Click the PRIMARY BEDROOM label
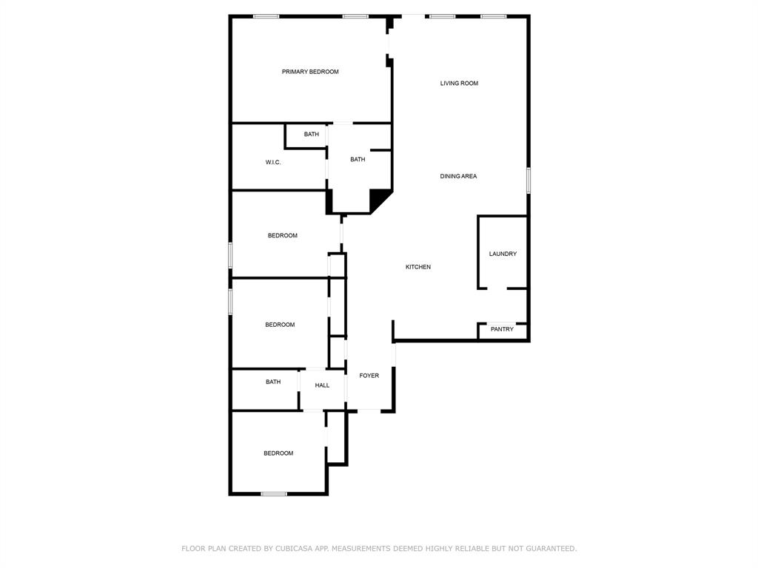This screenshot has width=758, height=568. click(310, 72)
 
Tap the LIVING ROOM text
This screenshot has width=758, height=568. click(459, 84)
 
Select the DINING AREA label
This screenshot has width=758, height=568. click(458, 176)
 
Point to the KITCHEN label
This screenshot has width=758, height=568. click(418, 267)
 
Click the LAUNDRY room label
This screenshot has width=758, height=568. click(503, 254)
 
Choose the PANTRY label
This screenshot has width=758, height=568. click(502, 329)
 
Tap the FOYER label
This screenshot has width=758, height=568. click(369, 376)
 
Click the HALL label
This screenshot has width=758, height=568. click(322, 385)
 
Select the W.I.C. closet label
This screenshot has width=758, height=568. click(272, 162)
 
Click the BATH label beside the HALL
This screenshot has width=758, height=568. click(273, 382)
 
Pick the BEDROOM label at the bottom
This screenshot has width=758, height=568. click(278, 453)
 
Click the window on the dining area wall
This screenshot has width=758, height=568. click(529, 180)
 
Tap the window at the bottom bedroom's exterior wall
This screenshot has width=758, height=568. click(274, 493)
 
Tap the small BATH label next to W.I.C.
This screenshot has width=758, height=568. click(312, 135)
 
